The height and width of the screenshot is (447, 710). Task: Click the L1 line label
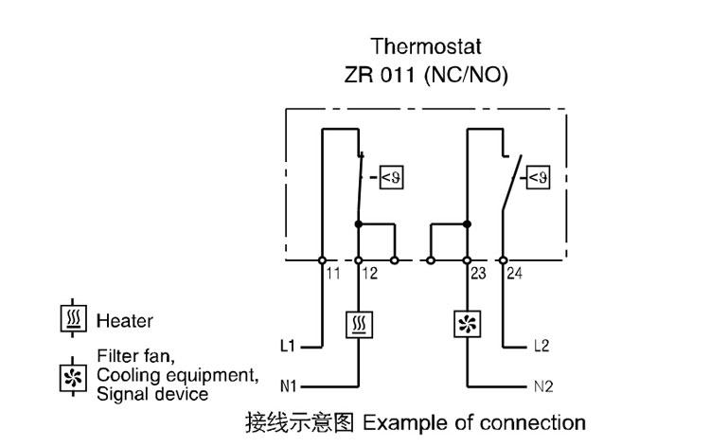click(291, 346)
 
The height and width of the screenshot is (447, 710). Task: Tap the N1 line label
click(291, 386)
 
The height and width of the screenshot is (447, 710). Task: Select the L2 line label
click(541, 346)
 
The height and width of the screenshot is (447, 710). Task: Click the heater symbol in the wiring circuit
click(359, 326)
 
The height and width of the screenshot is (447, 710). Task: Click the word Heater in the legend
click(124, 322)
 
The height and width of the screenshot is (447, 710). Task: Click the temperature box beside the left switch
click(391, 176)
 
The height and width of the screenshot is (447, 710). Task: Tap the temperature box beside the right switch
click(538, 176)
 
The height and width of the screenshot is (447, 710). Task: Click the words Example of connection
click(474, 421)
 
